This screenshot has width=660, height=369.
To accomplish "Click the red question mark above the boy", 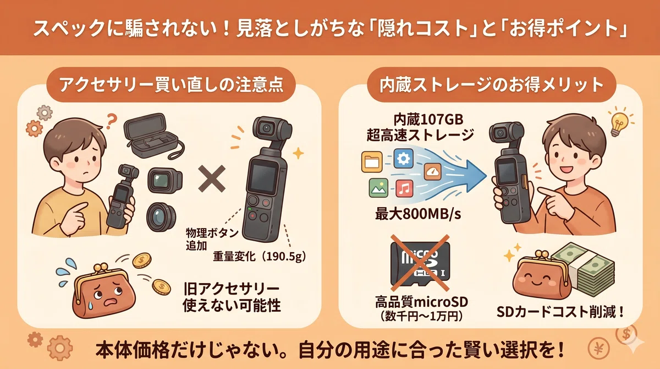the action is [x=112, y=121].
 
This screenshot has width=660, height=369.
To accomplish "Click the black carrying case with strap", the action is [x=153, y=135].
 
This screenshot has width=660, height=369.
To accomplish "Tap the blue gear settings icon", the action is [x=403, y=159].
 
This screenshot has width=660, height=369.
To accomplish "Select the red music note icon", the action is [x=404, y=188].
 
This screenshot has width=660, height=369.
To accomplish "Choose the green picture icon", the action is [x=378, y=188].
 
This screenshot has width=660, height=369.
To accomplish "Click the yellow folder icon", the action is [x=372, y=161].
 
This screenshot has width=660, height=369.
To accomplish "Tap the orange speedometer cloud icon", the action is [x=432, y=171].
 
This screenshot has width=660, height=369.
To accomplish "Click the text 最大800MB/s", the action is [x=418, y=214].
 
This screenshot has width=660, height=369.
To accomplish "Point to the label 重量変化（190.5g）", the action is [x=260, y=257].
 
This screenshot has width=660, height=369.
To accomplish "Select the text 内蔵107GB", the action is [x=428, y=120].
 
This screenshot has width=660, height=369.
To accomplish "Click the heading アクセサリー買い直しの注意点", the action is [x=171, y=85].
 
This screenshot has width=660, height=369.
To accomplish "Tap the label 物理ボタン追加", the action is [x=212, y=239].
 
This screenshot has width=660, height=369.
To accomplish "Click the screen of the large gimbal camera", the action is [x=263, y=177].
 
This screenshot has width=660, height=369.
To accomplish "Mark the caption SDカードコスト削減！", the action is [x=560, y=312].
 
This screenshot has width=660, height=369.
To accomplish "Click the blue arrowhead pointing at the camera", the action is [x=477, y=176].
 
